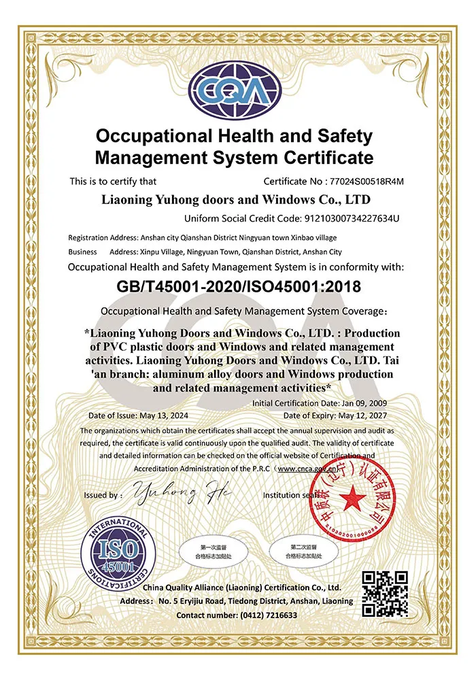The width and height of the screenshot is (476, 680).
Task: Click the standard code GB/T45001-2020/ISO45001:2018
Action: coord(237,286)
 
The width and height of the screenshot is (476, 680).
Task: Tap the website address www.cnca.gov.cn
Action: coord(307,469)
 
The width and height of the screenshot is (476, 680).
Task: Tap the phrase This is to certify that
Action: coord(113,182)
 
